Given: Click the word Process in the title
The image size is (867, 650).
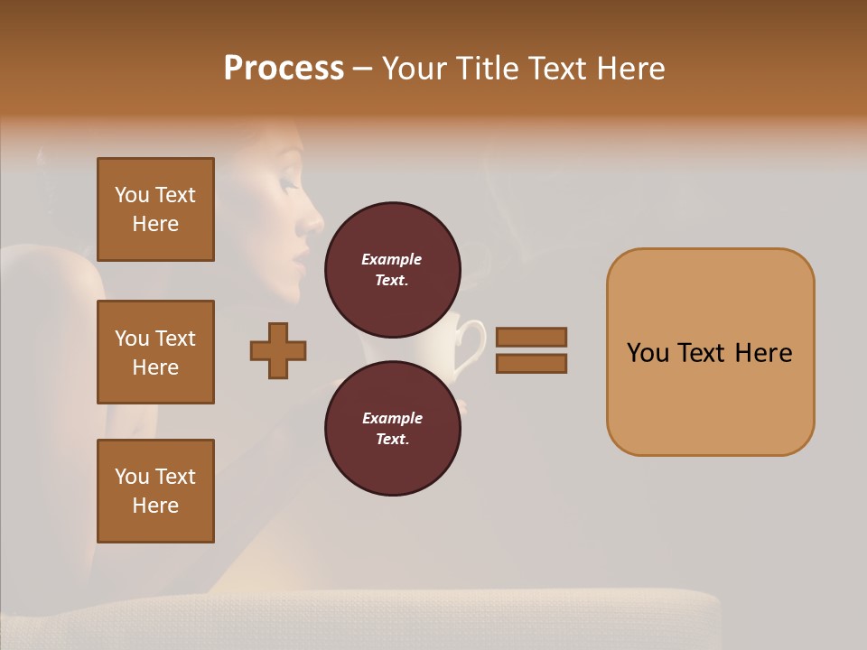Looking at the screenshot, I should (284, 69).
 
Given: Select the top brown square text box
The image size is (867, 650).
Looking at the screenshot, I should (155, 209).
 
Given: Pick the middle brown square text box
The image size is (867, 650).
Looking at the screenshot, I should (155, 352).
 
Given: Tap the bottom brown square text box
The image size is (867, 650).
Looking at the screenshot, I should (155, 491).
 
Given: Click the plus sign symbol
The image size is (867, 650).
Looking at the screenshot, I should (278, 350).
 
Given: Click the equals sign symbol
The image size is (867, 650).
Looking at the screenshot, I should (531, 350).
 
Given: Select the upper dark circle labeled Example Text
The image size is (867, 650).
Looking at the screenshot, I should (392, 270).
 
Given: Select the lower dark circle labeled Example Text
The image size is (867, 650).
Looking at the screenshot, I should (392, 429).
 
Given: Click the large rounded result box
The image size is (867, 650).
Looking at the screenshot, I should (710, 352).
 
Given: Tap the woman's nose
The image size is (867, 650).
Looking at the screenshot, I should (313, 221).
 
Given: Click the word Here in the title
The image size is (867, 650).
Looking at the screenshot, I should (629, 69).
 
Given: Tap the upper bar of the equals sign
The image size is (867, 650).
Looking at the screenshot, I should (531, 338).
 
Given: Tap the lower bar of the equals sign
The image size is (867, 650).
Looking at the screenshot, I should (531, 363).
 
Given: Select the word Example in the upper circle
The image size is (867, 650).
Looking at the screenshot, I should (392, 259).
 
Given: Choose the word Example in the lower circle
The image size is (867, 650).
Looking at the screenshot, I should (392, 418).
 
